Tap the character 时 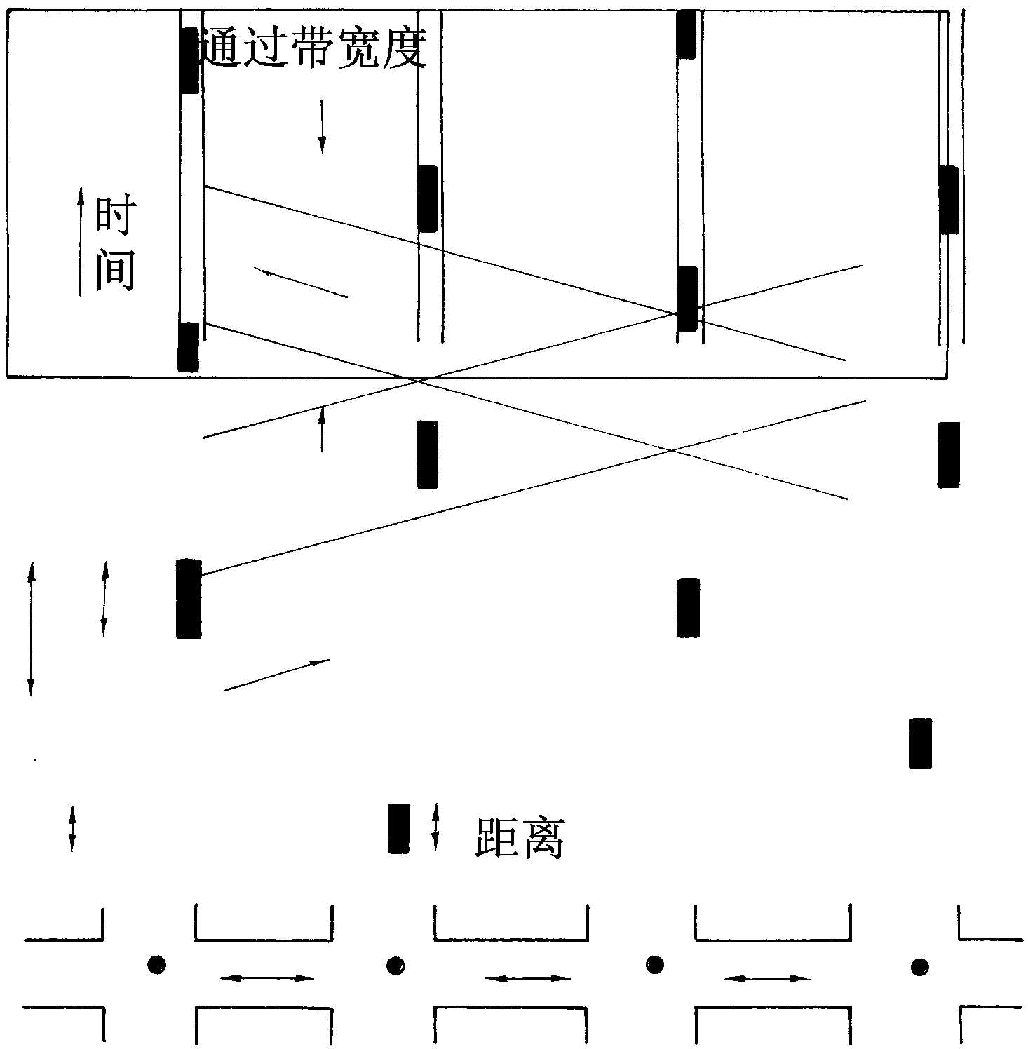tap(114, 217)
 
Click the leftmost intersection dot tap(156, 964)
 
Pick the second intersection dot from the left tap(395, 966)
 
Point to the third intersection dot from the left tap(654, 964)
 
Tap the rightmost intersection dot tap(919, 968)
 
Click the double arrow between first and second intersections tap(267, 977)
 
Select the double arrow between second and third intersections tap(528, 977)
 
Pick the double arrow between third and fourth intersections tap(767, 977)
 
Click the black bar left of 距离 tap(398, 828)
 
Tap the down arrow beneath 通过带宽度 tap(322, 127)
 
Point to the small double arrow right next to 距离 tap(435, 827)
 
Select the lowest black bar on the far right tap(920, 743)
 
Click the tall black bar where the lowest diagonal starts tap(189, 598)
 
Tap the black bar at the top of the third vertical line tap(687, 34)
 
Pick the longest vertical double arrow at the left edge tap(30, 628)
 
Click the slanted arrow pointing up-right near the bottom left tap(276, 675)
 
